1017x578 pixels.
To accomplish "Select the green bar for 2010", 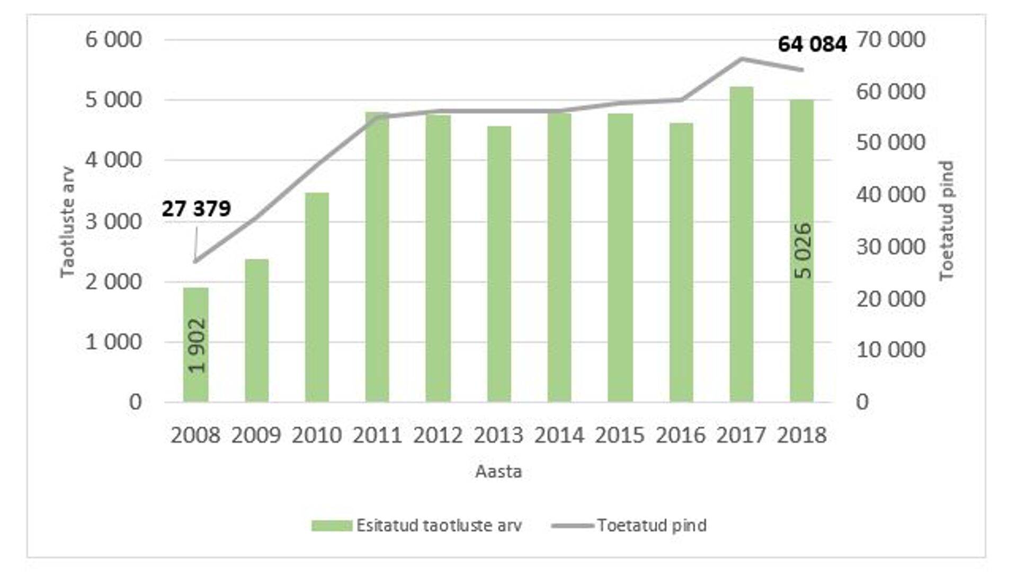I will tap(317, 296).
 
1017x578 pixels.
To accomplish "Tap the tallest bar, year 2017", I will tap(741, 243).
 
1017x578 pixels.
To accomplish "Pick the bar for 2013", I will tap(499, 265).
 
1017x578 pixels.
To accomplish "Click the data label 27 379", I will tap(197, 209).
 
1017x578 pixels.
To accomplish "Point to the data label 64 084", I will tap(812, 44).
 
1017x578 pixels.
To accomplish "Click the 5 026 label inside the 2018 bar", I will tap(803, 250).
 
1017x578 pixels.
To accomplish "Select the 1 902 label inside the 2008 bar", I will tap(197, 345).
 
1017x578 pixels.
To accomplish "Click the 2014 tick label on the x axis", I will tap(559, 435).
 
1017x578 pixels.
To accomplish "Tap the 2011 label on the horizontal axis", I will tap(377, 435).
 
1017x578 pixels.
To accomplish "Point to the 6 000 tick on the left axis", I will tap(114, 40).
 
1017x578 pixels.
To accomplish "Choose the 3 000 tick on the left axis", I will tap(114, 221).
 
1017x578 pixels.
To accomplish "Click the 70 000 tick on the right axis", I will tap(890, 40).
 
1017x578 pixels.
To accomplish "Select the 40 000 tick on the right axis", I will tap(890, 195).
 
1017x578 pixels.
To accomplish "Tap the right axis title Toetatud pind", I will tap(946, 220).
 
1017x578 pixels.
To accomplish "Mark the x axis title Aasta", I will tap(498, 471).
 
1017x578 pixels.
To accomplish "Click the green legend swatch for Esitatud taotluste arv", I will tap(332, 526).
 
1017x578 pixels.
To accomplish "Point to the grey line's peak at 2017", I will tap(742, 59).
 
